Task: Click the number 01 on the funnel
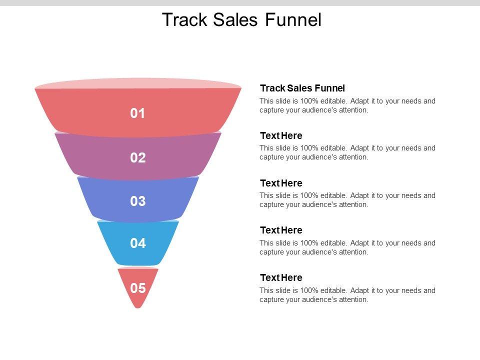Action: (x=137, y=113)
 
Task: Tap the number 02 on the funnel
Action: (x=137, y=158)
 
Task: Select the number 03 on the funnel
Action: (x=137, y=201)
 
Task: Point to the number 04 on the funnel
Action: (x=137, y=243)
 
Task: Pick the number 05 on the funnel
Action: (x=137, y=288)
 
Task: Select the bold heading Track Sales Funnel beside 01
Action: (x=302, y=88)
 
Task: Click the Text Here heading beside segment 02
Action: (x=281, y=135)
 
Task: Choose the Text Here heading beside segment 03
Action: (x=281, y=183)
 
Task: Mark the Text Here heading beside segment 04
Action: (x=281, y=230)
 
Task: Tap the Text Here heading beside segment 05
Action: (x=281, y=277)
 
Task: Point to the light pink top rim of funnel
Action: (x=137, y=82)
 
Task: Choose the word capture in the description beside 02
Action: (x=271, y=157)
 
